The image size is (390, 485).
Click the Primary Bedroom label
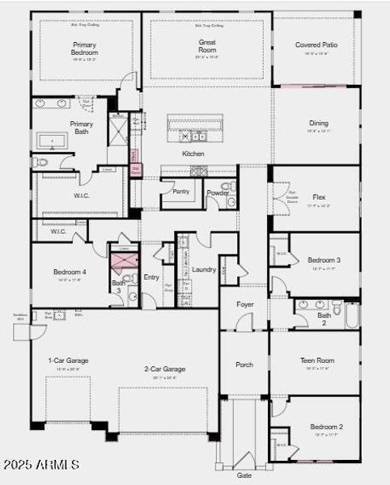[84, 48]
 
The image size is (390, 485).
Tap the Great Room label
[206, 45]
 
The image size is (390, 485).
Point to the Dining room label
[318, 123]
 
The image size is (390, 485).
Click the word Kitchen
[193, 154]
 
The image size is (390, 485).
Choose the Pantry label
[180, 192]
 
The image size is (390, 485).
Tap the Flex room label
[319, 196]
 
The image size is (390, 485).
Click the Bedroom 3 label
[324, 259]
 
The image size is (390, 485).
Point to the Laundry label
[204, 269]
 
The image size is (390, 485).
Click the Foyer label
[244, 304]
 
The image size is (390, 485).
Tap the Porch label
[244, 365]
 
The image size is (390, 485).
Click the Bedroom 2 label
[326, 426]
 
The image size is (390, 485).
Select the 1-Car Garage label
[68, 361]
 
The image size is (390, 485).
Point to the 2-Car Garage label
[164, 369]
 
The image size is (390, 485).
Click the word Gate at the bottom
[244, 475]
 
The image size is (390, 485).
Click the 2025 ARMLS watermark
[40, 465]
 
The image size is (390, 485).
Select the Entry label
[151, 277]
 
